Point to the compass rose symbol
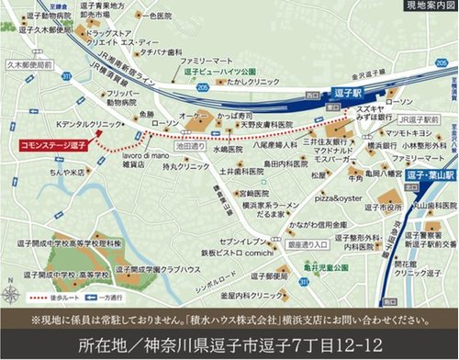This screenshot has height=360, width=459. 12,295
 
